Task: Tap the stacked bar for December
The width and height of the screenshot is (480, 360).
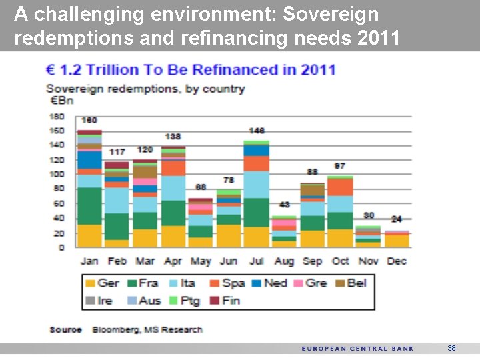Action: [397, 239]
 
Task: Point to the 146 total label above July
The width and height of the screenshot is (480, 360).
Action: [257, 131]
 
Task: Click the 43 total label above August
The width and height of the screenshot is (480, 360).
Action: [285, 205]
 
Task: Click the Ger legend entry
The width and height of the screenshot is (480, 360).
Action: [102, 283]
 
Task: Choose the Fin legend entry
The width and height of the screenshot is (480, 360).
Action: [224, 300]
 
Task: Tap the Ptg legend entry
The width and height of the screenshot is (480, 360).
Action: [185, 300]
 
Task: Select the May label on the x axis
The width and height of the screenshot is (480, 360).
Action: [201, 261]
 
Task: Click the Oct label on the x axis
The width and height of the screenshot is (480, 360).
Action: [340, 261]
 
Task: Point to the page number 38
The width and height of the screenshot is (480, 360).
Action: [451, 348]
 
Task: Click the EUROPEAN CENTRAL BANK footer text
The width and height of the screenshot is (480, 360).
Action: [357, 349]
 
